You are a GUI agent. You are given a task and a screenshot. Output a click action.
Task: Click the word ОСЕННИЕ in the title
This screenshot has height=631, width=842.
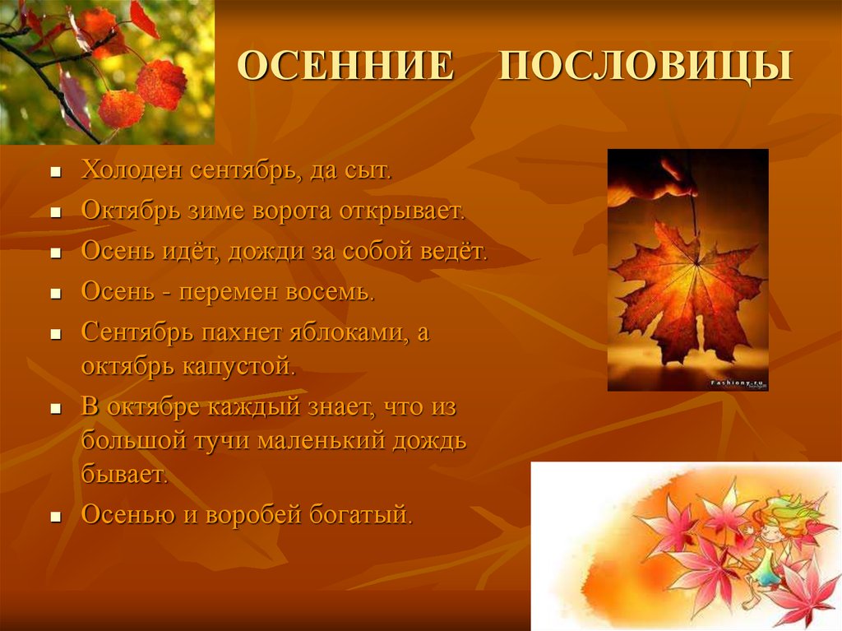click(x=346, y=66)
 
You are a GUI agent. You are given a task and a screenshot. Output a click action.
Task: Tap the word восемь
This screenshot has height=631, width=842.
click(x=330, y=292)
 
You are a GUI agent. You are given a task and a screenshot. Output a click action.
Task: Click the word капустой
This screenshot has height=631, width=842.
click(x=239, y=367)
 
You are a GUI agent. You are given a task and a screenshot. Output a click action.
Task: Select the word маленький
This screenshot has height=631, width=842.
click(x=322, y=441)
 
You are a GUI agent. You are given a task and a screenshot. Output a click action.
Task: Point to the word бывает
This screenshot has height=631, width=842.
click(x=125, y=474)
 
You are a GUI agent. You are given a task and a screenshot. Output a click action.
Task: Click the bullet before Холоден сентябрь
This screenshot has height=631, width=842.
click(x=55, y=173)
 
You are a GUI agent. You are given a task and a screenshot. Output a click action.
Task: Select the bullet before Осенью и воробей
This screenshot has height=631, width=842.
click(x=55, y=517)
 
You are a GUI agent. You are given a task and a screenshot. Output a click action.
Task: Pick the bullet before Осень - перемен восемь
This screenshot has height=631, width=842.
click(x=55, y=295)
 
